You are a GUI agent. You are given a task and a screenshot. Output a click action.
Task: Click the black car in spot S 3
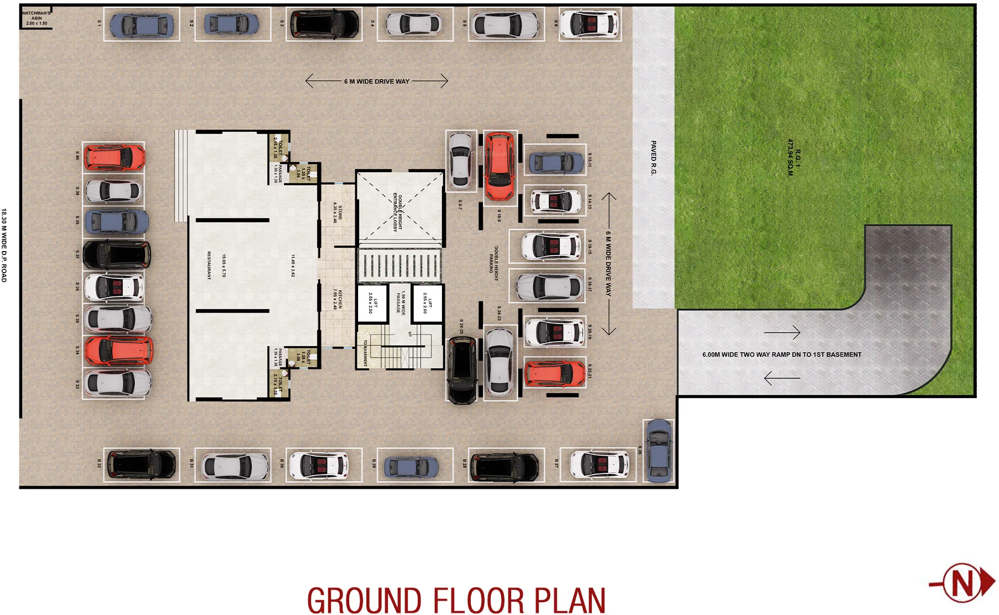coord(324,24)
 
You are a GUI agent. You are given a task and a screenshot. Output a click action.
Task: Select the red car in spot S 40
coord(114,158)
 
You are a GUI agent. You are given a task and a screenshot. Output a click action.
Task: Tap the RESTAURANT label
coord(209,265)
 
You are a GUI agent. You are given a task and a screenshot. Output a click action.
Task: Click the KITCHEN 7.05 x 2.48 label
coord(338,299)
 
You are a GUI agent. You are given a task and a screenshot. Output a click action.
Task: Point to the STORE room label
coord(338,213)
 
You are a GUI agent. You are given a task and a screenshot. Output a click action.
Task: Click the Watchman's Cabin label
coord(36,18)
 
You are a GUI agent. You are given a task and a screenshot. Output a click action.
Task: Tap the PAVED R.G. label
coord(653,158)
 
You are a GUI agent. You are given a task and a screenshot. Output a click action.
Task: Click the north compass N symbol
coord(963,582)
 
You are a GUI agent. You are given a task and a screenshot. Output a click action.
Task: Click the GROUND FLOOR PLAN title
coord(456,600)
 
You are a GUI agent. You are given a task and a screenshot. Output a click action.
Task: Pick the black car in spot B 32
coord(141,464)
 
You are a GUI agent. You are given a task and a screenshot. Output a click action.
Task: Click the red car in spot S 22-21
coord(554,374)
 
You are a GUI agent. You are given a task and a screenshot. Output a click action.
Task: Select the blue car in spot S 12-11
coord(556,163)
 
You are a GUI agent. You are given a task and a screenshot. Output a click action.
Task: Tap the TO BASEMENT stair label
coord(365,353)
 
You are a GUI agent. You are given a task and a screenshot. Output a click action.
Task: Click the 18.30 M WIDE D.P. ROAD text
coord(4,245)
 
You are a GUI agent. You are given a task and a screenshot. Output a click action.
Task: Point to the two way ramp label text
coord(781,355)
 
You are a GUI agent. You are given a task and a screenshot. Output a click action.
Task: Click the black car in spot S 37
coord(117,254)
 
